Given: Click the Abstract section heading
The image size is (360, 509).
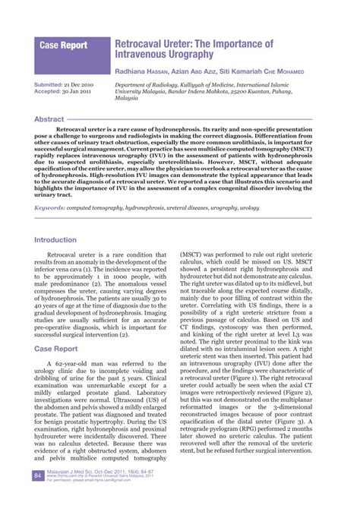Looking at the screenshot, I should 50,120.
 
